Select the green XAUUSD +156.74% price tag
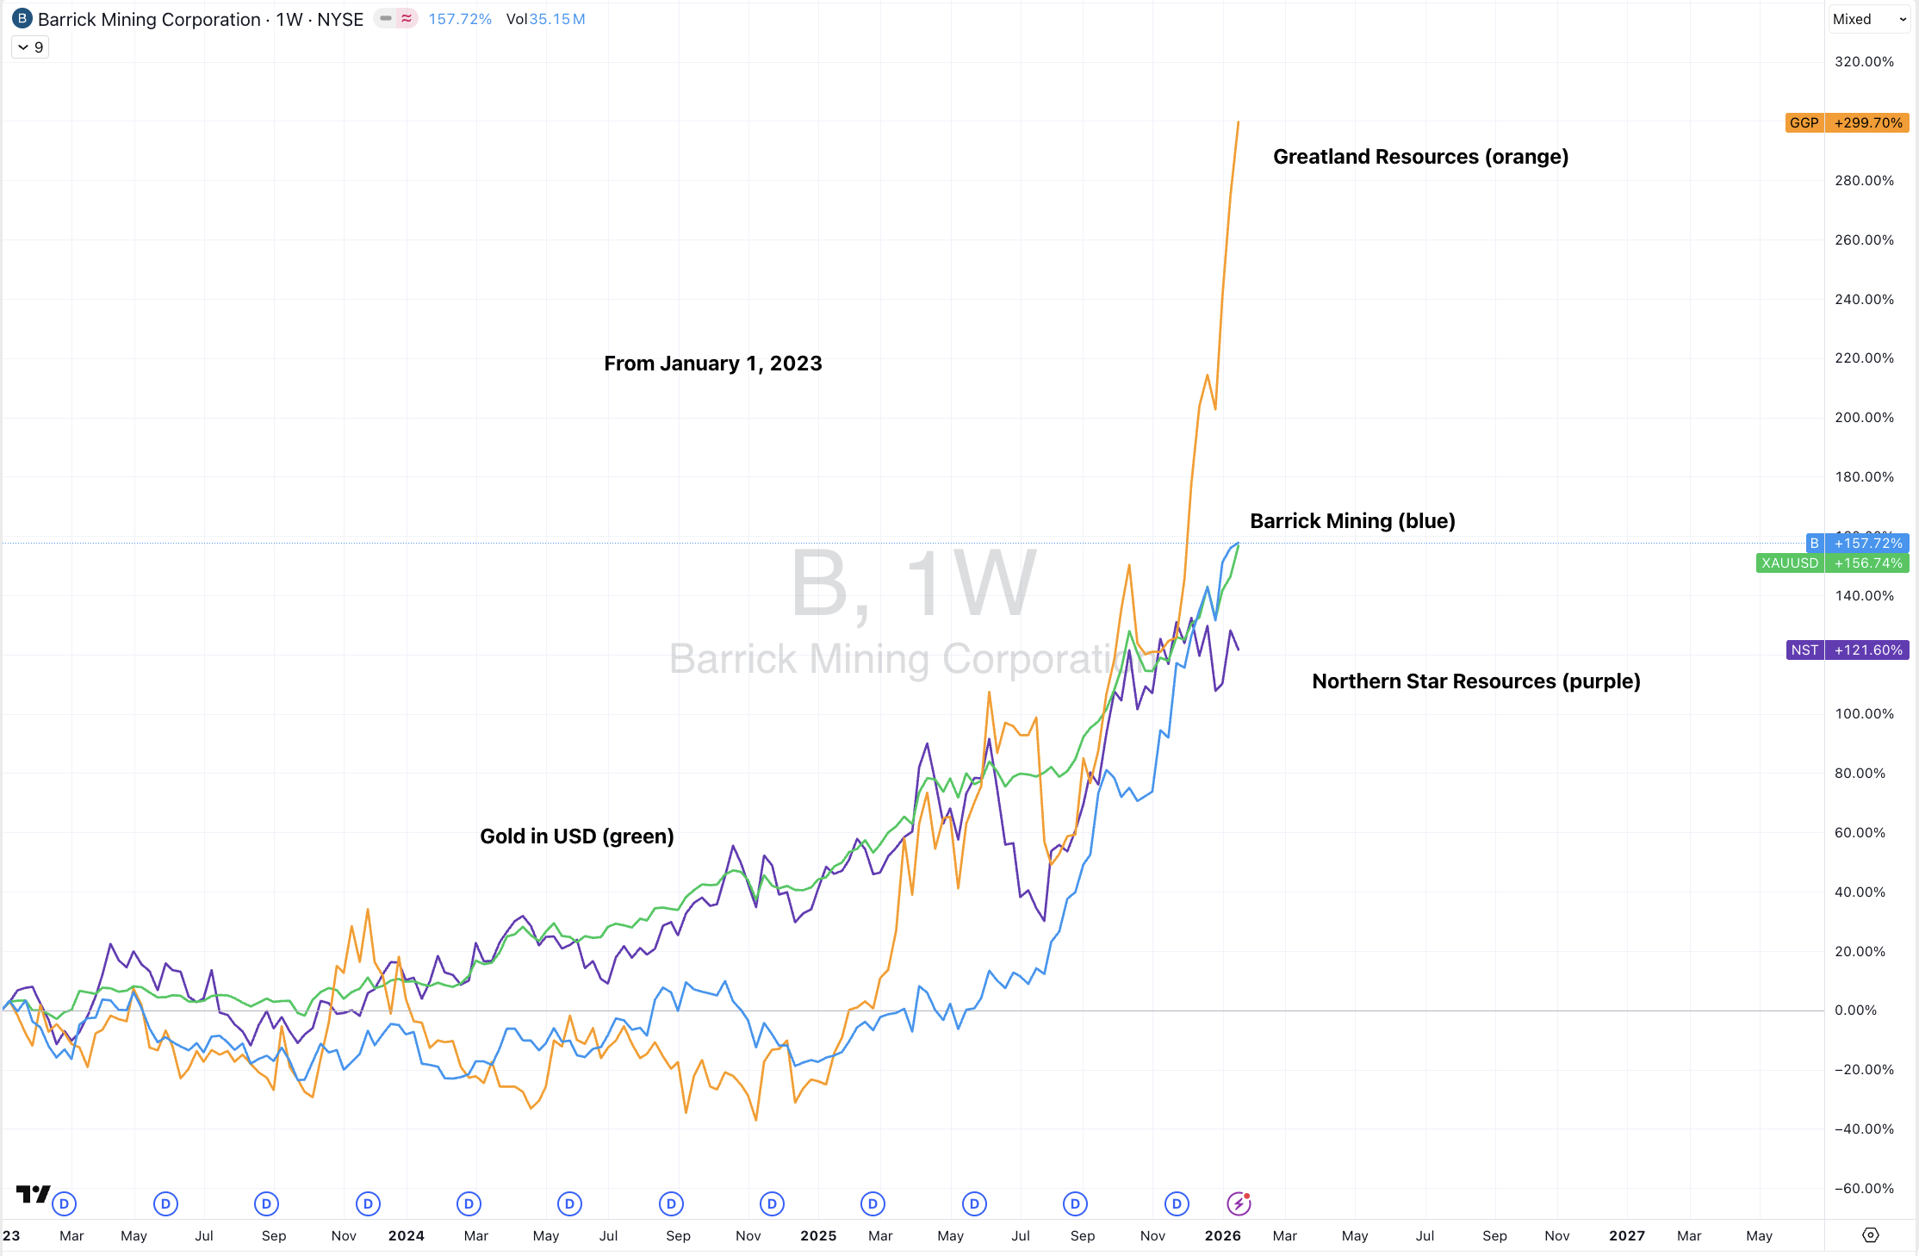point(1832,563)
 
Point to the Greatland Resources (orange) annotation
point(1420,157)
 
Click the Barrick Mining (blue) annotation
point(1352,521)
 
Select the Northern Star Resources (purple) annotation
point(1475,681)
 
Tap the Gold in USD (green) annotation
point(576,836)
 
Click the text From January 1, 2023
point(712,364)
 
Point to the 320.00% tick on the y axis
point(1864,62)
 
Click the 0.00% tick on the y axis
point(1855,1010)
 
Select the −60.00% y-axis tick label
point(1864,1189)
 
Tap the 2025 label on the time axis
point(818,1236)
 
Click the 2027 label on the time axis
point(1627,1236)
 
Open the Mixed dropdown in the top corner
point(1869,19)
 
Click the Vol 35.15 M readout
point(545,19)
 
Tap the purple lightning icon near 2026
point(1239,1203)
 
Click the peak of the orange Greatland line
point(1239,122)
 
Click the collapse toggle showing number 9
point(30,47)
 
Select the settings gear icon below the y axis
point(1871,1235)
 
